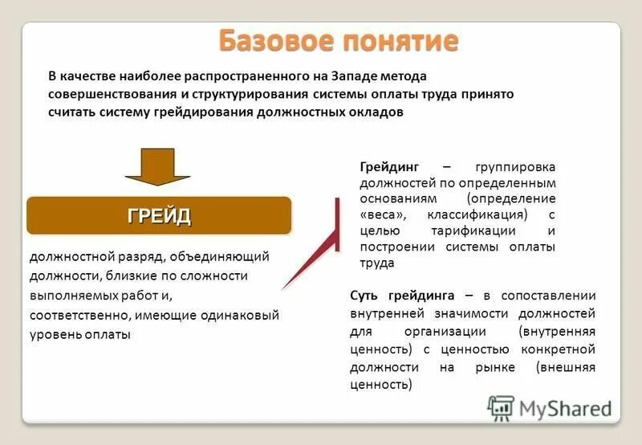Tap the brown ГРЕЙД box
click(x=160, y=215)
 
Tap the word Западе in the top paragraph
click(x=343, y=76)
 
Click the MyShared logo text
click(x=565, y=408)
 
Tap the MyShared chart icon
click(x=501, y=408)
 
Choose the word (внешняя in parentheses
click(x=567, y=366)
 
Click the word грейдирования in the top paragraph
click(x=203, y=112)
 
